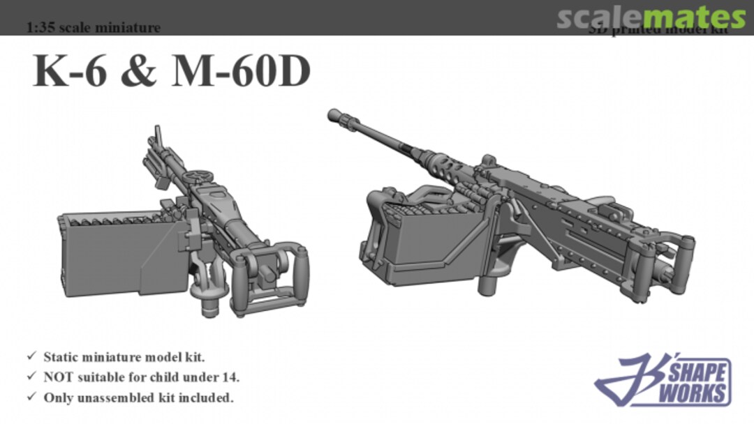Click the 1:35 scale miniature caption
tap(93, 28)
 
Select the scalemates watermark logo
tap(651, 17)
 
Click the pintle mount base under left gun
tap(207, 303)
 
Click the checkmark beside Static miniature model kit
tap(31, 357)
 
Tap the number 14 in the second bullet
tap(231, 377)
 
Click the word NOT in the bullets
tap(59, 377)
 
